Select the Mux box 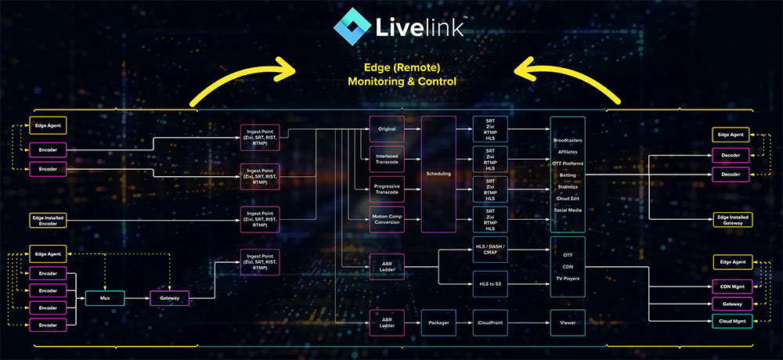point(105,297)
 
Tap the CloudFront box point(491,322)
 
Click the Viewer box point(568,322)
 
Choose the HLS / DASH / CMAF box point(491,251)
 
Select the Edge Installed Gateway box point(732,220)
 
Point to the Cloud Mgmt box point(732,322)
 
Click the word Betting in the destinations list point(568,175)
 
